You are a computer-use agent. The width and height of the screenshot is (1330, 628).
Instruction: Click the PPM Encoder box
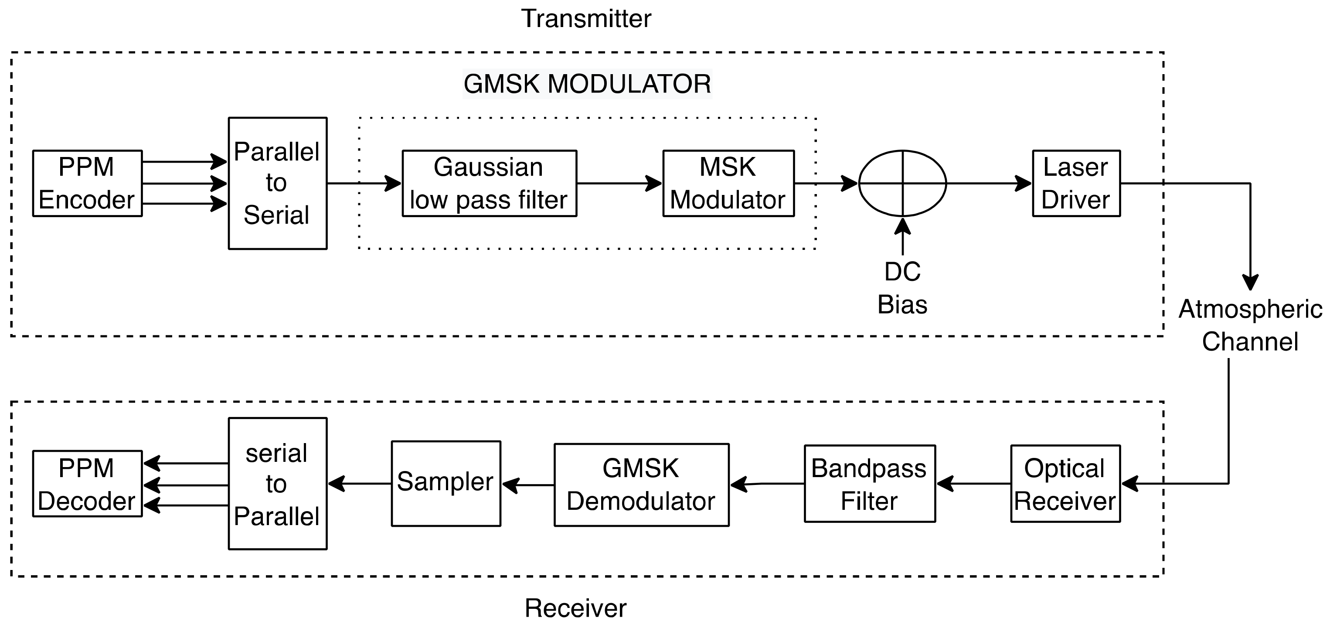click(x=87, y=183)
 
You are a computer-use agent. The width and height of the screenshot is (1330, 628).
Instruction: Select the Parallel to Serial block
click(x=277, y=183)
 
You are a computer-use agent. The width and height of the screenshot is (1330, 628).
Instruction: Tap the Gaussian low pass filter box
click(x=489, y=183)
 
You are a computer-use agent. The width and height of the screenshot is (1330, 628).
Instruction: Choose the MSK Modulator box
click(x=728, y=183)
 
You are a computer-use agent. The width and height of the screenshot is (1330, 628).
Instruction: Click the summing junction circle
click(x=902, y=183)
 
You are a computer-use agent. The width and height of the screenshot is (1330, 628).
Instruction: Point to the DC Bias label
click(x=902, y=288)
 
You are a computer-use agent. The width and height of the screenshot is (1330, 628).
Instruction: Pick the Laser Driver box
click(x=1076, y=183)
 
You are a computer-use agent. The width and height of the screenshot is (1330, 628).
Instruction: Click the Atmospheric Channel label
click(x=1249, y=325)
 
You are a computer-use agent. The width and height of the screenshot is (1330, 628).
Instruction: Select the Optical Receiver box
click(x=1065, y=484)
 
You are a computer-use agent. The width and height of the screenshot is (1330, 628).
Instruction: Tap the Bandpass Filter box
click(x=870, y=484)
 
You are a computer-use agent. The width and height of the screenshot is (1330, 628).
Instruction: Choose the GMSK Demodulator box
click(x=641, y=485)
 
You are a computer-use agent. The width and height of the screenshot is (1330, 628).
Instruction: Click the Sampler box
click(x=446, y=483)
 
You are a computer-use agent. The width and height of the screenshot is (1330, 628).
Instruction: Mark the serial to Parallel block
click(x=277, y=483)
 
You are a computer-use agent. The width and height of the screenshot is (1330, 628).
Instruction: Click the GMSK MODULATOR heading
click(x=587, y=84)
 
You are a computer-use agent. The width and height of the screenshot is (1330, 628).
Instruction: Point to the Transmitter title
click(x=586, y=19)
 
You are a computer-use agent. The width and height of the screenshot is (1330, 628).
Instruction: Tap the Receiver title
click(x=575, y=608)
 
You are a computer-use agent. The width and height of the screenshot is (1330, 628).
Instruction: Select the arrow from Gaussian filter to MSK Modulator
click(x=619, y=183)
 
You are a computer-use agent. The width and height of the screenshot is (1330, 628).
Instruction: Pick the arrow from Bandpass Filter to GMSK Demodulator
click(x=767, y=484)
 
